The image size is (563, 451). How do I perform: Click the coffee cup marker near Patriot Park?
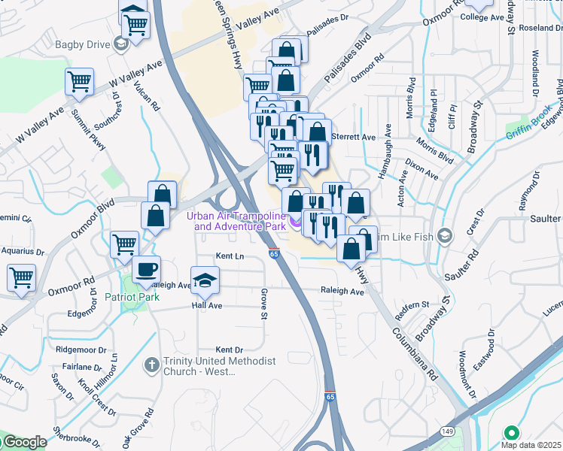pyautogui.click(x=146, y=268)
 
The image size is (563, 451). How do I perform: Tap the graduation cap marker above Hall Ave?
pyautogui.click(x=203, y=280)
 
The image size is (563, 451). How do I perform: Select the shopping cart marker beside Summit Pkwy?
pyautogui.click(x=80, y=81)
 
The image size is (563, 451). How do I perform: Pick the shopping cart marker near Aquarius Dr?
pyautogui.click(x=21, y=277)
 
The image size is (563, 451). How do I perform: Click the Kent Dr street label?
pyautogui.click(x=230, y=350)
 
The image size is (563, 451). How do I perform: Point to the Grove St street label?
pyautogui.click(x=264, y=304)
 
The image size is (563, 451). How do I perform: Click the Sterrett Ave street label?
pyautogui.click(x=358, y=138)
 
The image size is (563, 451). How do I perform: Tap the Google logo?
pyautogui.click(x=23, y=442)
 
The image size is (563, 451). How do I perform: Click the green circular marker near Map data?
pyautogui.click(x=512, y=433)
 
